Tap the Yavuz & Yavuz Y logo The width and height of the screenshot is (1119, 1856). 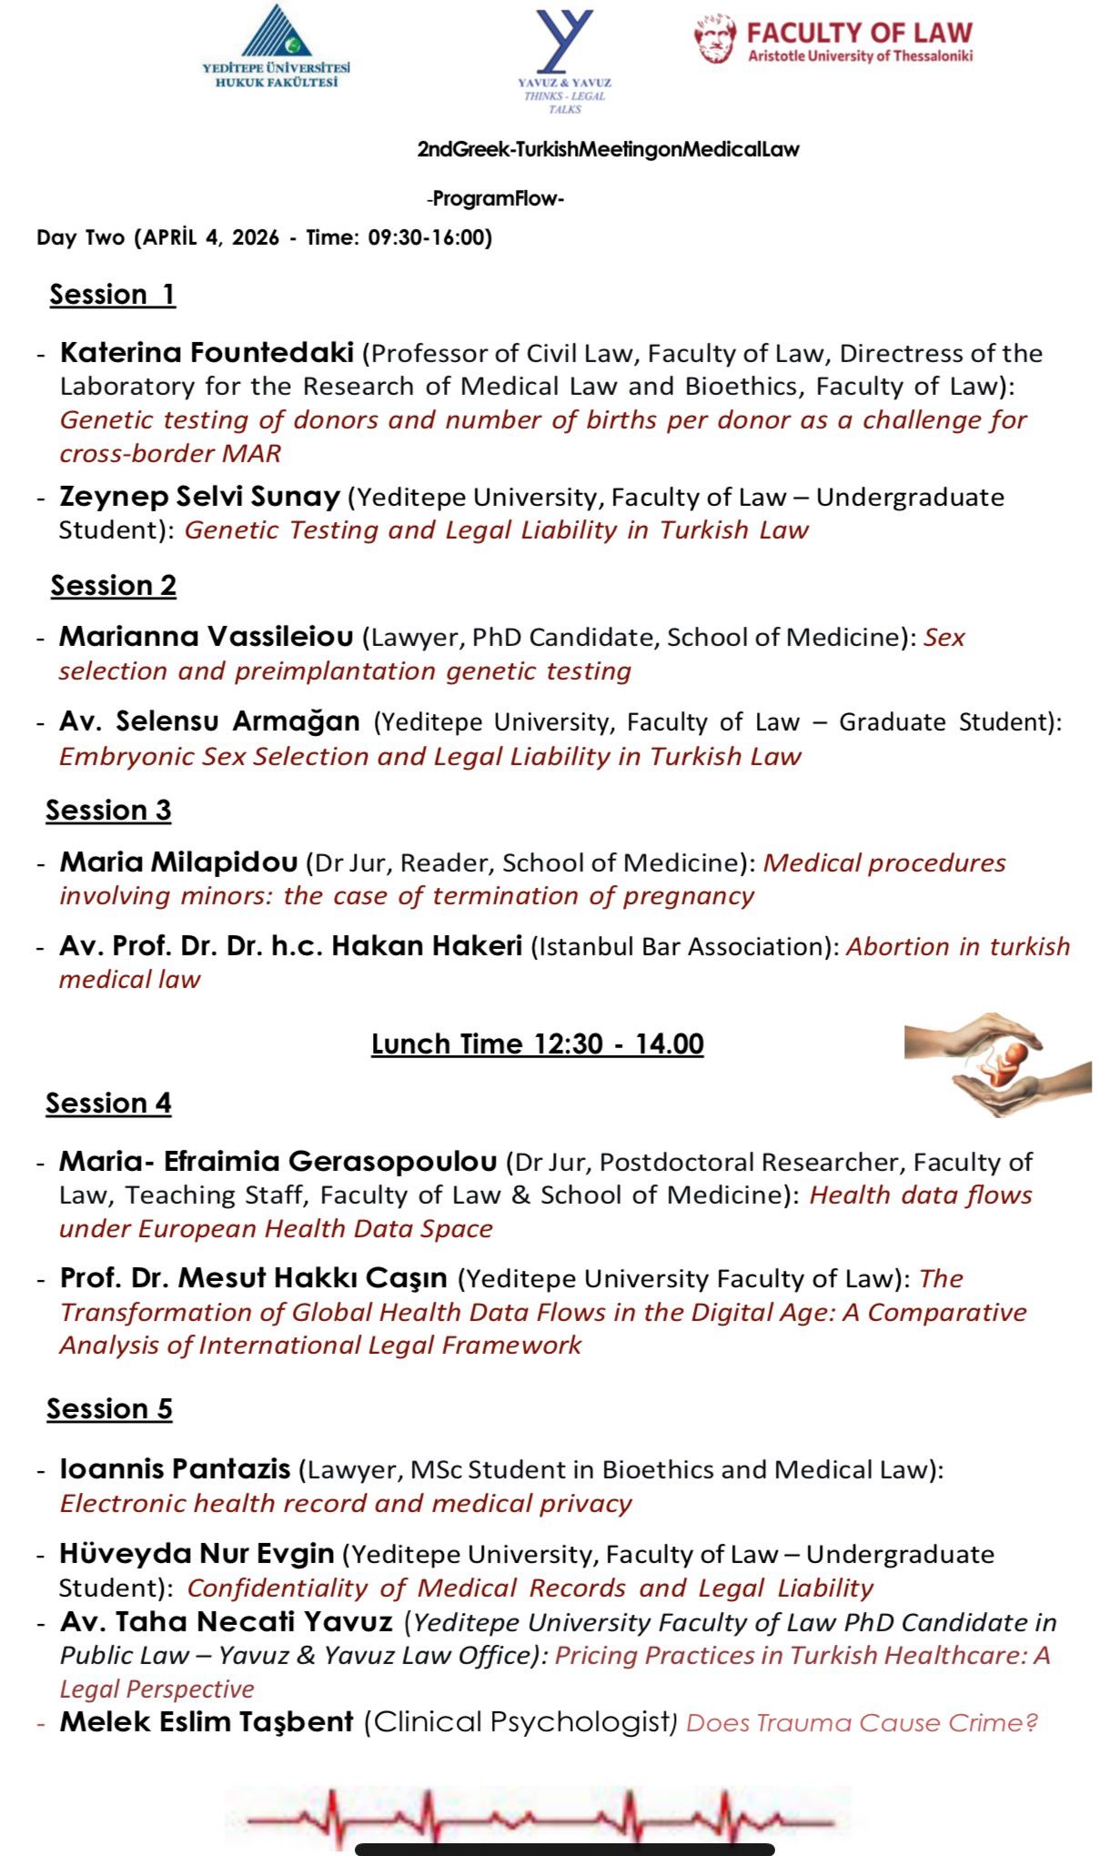coord(564,41)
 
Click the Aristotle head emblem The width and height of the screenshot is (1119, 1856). coord(715,38)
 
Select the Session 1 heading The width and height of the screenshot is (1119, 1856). coord(112,295)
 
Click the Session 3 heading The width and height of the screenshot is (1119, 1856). coord(108,811)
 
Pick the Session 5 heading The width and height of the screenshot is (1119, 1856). coord(109,1409)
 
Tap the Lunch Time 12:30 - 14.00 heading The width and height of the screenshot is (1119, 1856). coord(538,1044)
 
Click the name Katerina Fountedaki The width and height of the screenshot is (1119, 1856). coord(207,352)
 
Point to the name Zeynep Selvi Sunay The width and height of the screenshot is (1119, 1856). coord(199,497)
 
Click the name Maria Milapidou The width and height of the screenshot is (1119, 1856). coord(178,862)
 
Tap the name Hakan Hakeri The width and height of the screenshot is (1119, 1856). coord(427,946)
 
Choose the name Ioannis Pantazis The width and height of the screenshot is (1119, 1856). coord(175,1469)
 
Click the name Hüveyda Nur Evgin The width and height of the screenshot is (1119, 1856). coord(197,1554)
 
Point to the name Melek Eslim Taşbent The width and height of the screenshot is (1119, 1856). coord(206,1722)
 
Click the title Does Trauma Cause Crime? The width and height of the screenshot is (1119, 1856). coord(862,1723)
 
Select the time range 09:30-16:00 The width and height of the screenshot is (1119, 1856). coord(429,238)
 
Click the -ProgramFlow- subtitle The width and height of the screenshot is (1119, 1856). coord(495,199)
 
